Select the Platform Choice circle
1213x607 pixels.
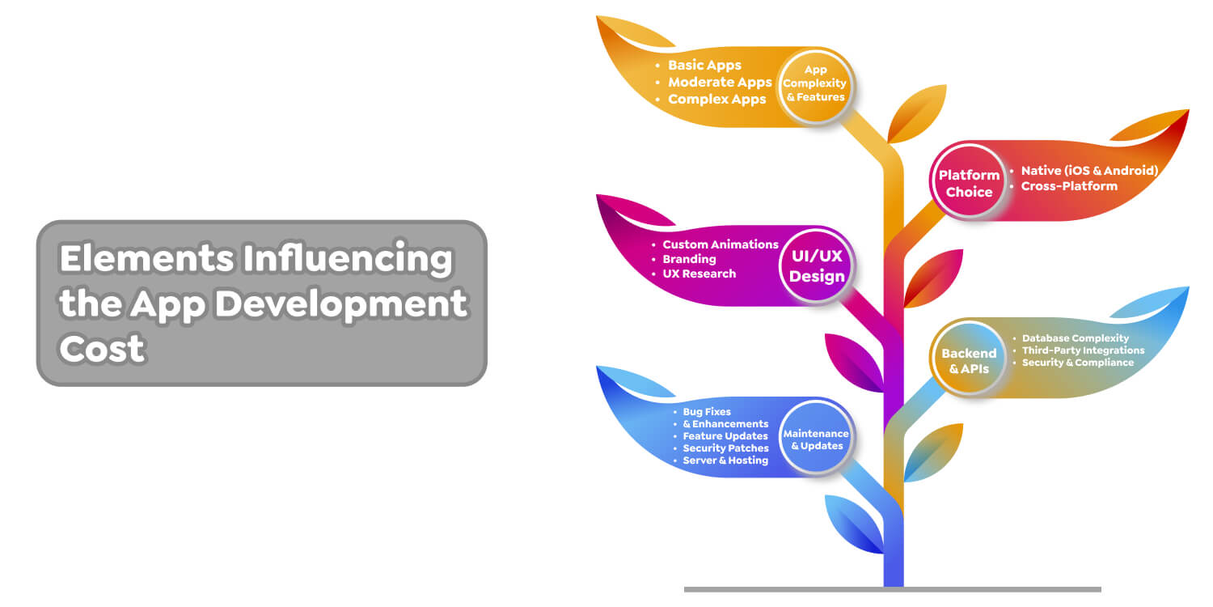pos(969,184)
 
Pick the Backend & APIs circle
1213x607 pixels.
pos(969,361)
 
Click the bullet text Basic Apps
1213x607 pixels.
pos(704,66)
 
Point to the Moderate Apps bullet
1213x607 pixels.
pos(720,83)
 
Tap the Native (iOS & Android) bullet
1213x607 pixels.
pos(1089,171)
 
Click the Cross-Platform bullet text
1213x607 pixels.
pos(1068,186)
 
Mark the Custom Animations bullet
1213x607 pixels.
pos(720,244)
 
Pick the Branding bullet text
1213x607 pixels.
pos(689,259)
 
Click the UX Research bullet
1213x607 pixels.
pos(699,274)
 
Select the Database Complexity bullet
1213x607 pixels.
pos(1075,338)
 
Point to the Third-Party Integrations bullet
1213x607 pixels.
pos(1083,350)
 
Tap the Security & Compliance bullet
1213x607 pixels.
pos(1077,363)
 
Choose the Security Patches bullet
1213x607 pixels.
pos(725,448)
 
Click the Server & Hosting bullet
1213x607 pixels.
pos(725,461)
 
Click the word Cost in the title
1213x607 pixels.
pos(102,348)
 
